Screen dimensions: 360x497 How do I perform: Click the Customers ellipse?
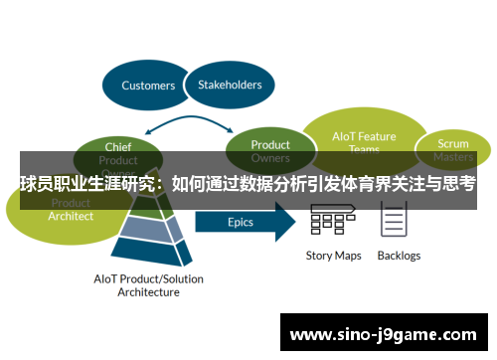coord(147,86)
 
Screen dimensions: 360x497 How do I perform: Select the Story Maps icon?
coord(333,222)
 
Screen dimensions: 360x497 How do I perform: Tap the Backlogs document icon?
coord(395,220)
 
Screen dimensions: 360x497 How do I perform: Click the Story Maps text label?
coord(333,256)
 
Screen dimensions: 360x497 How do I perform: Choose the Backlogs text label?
coord(399,256)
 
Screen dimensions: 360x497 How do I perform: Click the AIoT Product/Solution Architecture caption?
coord(148,285)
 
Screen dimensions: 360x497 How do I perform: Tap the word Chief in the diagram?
coord(117,147)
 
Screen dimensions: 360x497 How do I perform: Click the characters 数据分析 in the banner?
coord(280,184)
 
